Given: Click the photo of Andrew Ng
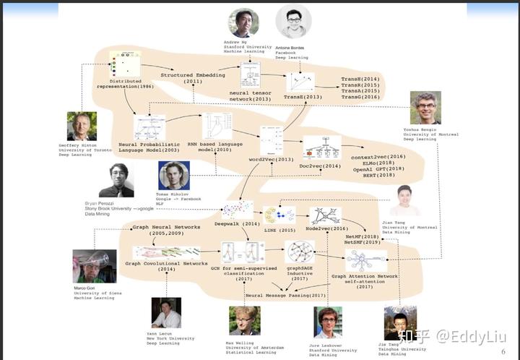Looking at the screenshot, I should click(x=243, y=23).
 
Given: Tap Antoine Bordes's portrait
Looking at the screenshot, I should click(x=293, y=22).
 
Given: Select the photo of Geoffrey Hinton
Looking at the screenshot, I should click(x=82, y=126).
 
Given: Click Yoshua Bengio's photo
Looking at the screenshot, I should click(x=425, y=108).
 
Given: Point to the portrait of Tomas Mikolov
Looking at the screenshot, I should click(x=174, y=176).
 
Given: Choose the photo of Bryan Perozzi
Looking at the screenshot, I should click(x=116, y=180).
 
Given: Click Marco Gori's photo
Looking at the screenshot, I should click(x=94, y=266).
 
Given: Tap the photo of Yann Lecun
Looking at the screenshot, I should click(x=166, y=313).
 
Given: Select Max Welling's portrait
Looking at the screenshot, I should click(x=244, y=320).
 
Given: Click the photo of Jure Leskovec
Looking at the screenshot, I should click(x=328, y=322).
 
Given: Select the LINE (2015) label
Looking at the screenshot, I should click(x=280, y=230).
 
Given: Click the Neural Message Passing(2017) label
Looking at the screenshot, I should click(x=286, y=296).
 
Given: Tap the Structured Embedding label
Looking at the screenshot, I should click(x=192, y=75).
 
